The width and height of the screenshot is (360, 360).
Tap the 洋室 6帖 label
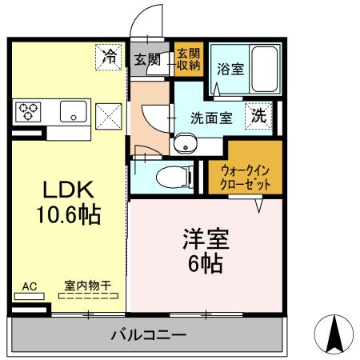tap(206, 250)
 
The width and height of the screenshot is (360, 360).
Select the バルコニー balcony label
tap(148, 334)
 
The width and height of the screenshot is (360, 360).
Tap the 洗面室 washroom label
tap(210, 118)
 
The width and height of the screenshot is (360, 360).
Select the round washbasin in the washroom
tap(186, 145)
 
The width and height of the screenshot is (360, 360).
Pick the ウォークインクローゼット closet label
tap(246, 177)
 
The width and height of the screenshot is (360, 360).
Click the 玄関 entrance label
tap(146, 58)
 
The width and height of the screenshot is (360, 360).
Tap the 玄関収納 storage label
tap(190, 59)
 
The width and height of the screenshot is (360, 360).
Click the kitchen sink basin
tap(72, 112)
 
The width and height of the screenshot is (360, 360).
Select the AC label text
tap(29, 286)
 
